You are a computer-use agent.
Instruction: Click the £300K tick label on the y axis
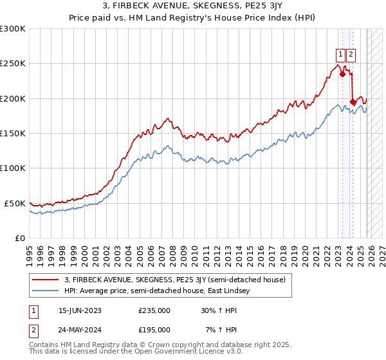pyautogui.click(x=12, y=29)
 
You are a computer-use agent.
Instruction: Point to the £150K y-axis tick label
pyautogui.click(x=12, y=133)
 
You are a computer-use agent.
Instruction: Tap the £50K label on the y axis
pyautogui.click(x=15, y=203)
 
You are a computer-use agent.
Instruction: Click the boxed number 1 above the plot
pyautogui.click(x=339, y=54)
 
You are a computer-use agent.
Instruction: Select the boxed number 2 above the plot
pyautogui.click(x=351, y=54)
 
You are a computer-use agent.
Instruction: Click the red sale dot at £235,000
pyautogui.click(x=342, y=74)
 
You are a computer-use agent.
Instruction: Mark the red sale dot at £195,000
pyautogui.click(x=353, y=102)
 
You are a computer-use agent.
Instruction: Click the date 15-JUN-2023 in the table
pyautogui.click(x=81, y=310)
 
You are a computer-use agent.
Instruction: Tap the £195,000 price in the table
pyautogui.click(x=154, y=329)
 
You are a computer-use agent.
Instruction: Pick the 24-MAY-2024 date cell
pyautogui.click(x=81, y=329)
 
